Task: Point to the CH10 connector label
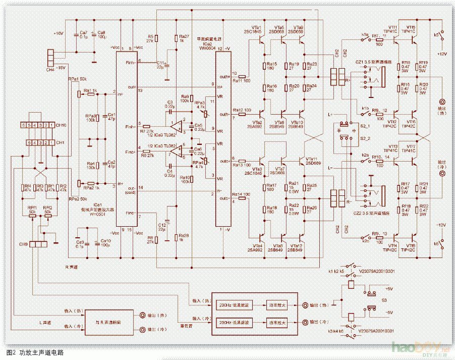click(61, 125)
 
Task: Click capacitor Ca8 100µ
click(101, 34)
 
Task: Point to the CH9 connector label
click(24, 244)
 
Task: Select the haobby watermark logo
click(413, 347)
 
